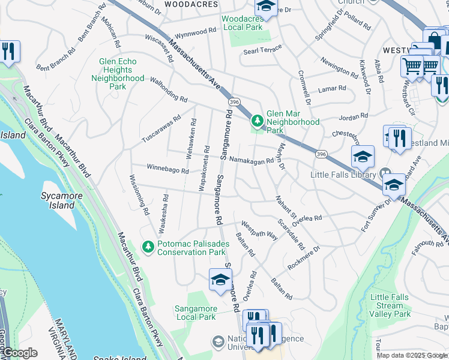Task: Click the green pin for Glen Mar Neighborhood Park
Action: point(258,122)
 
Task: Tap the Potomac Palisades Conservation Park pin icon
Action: point(148,247)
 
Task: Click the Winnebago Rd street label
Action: point(168,170)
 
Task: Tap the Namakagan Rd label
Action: point(252,160)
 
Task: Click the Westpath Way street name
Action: point(259,232)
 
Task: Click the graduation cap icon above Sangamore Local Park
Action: point(220,280)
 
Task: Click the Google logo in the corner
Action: point(19,353)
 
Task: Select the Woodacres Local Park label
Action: point(243,23)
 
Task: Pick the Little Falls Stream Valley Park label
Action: point(390,305)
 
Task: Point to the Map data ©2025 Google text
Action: point(411,355)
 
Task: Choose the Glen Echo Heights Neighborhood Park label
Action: point(122,74)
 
